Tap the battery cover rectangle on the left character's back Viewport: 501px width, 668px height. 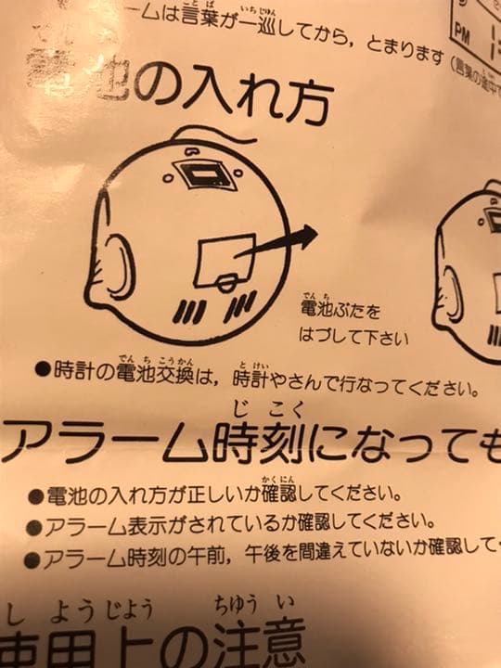click(224, 256)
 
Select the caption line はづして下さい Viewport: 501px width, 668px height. click(353, 335)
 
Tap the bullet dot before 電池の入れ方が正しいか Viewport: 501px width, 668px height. click(35, 494)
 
